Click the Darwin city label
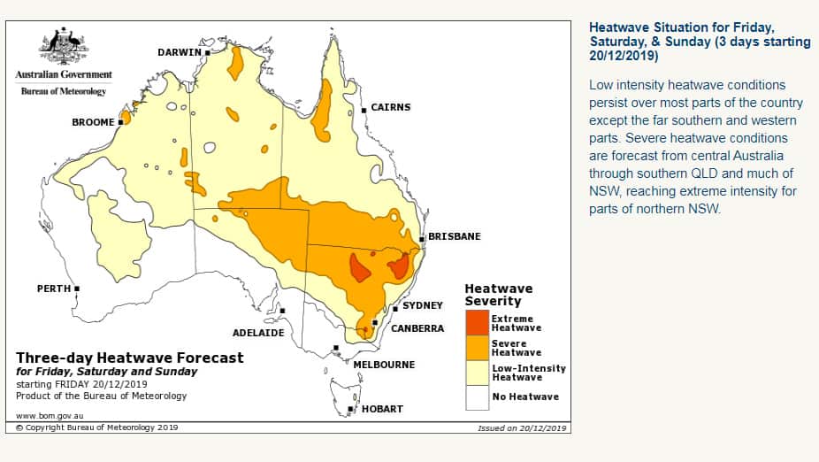point(180,52)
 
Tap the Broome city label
point(93,122)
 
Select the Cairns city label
point(390,107)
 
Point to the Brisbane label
point(455,236)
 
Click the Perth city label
point(53,289)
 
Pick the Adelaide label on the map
point(258,333)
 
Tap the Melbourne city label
point(383,365)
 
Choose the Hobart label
point(381,409)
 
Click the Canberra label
point(417,328)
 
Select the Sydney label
point(422,305)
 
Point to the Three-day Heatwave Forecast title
point(129,358)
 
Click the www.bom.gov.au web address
point(51,415)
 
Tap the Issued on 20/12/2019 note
point(522,427)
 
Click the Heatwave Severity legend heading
point(499,295)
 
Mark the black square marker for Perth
point(78,289)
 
